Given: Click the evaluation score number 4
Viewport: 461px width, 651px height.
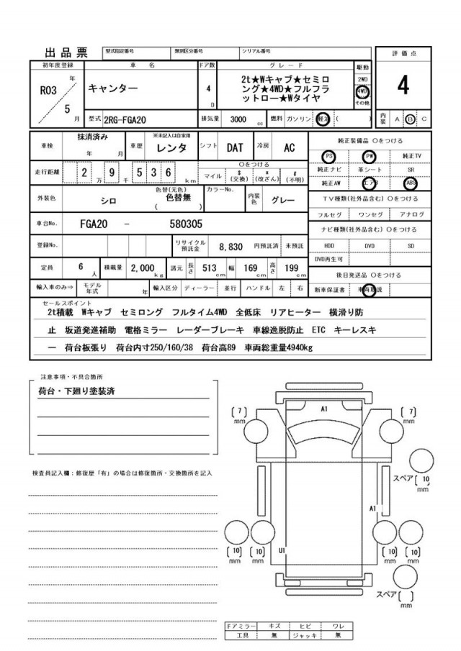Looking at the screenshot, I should pyautogui.click(x=403, y=86).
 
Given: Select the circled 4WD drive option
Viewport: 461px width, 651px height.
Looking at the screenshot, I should pyautogui.click(x=362, y=93).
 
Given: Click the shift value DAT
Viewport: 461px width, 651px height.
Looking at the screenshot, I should pyautogui.click(x=234, y=147).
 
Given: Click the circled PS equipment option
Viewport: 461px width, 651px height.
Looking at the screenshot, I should pyautogui.click(x=329, y=155).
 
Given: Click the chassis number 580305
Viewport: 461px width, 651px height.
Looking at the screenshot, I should pyautogui.click(x=185, y=224).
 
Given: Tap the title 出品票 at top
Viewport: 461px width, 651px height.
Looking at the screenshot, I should pyautogui.click(x=66, y=53).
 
